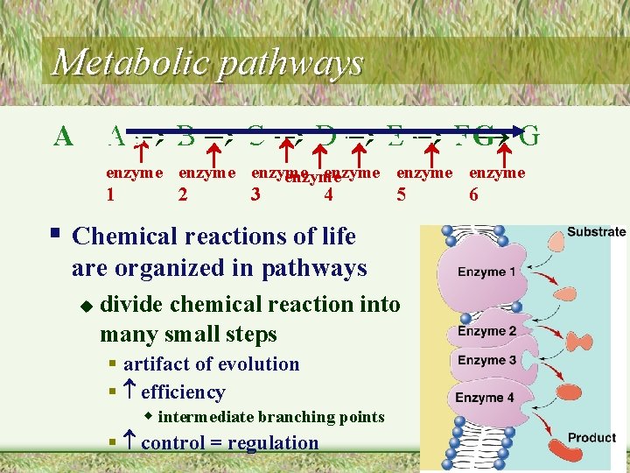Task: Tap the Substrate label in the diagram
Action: click(596, 232)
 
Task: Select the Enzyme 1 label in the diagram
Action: click(486, 272)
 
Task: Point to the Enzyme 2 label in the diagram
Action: click(486, 331)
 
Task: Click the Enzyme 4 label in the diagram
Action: click(485, 398)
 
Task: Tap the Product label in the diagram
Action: click(591, 437)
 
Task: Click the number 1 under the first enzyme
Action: click(110, 194)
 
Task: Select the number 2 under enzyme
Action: click(182, 194)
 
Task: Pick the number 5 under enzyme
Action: click(402, 194)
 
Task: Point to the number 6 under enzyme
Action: click(473, 194)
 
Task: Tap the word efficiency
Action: click(183, 392)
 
